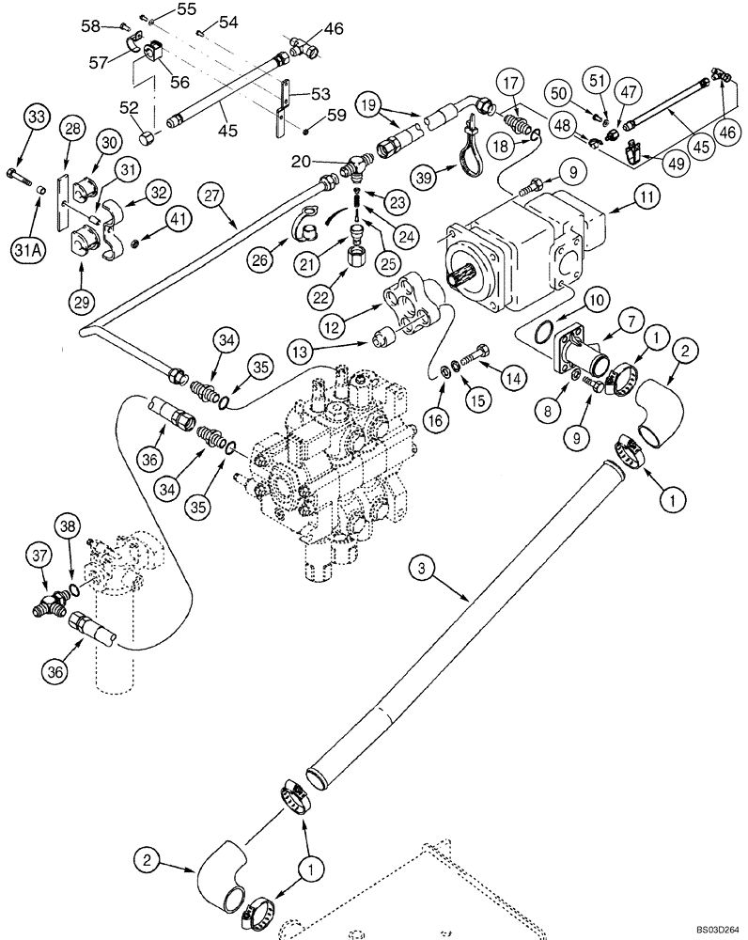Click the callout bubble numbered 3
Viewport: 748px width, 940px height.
(422, 567)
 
